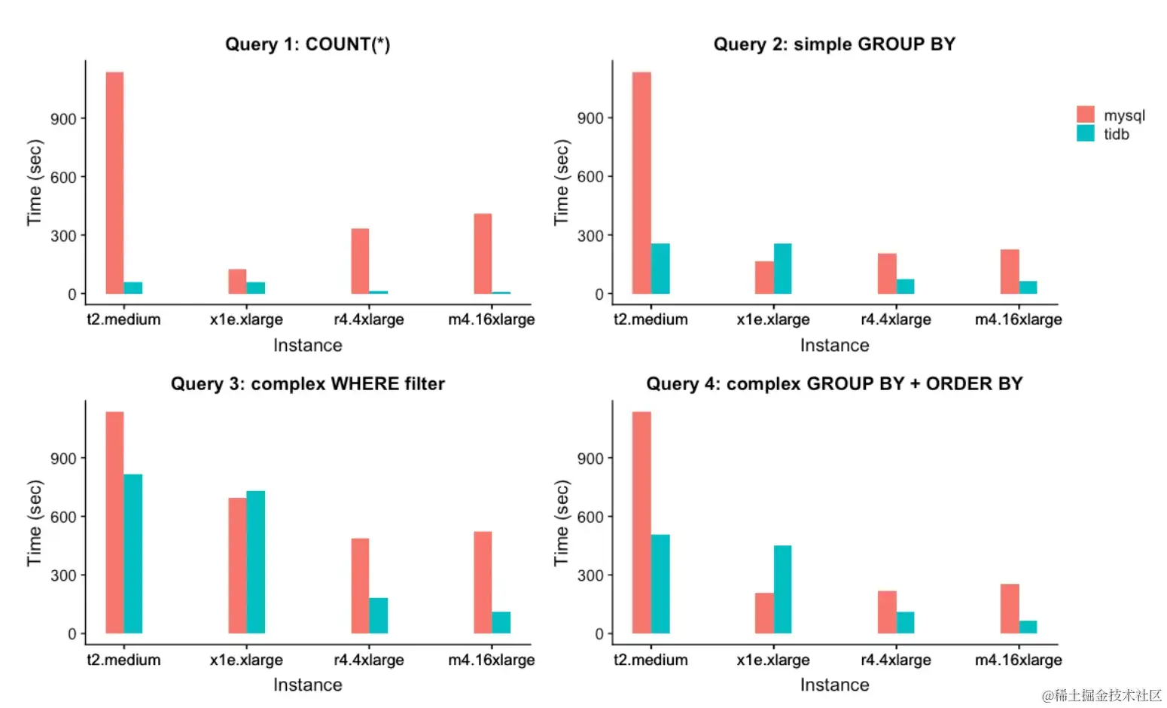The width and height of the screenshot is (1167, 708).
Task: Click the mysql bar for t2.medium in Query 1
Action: (114, 183)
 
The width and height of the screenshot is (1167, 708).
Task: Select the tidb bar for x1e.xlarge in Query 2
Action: (782, 269)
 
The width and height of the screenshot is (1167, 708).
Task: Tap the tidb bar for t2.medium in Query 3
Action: (133, 554)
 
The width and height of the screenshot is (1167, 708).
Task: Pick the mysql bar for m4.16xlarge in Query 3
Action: (483, 582)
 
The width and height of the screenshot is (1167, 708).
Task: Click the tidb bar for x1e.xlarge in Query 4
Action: (782, 590)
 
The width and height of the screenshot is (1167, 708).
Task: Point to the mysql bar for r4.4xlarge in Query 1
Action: (360, 261)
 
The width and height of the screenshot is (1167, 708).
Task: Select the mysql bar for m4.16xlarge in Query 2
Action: (1010, 272)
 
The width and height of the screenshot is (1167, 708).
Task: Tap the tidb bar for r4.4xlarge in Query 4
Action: (905, 622)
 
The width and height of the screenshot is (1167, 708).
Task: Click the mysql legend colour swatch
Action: (1085, 114)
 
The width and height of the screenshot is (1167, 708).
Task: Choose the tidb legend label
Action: (1117, 135)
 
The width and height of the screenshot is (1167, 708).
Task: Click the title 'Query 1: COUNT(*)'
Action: (307, 44)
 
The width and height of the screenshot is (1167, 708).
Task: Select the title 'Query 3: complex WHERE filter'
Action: (307, 384)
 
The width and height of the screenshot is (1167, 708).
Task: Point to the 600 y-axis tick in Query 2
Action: (590, 176)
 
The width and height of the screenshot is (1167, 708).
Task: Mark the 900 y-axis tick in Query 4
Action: (590, 459)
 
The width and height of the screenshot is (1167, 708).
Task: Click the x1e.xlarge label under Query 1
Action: (246, 319)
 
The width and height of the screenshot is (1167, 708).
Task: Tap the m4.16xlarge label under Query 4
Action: (1018, 660)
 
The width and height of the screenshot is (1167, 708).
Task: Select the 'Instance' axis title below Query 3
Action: (307, 685)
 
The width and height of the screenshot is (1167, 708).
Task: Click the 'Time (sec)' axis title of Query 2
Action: (561, 182)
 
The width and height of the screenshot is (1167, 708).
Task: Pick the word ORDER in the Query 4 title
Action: (958, 384)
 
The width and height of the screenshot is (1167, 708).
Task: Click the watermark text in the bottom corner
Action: (1101, 695)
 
